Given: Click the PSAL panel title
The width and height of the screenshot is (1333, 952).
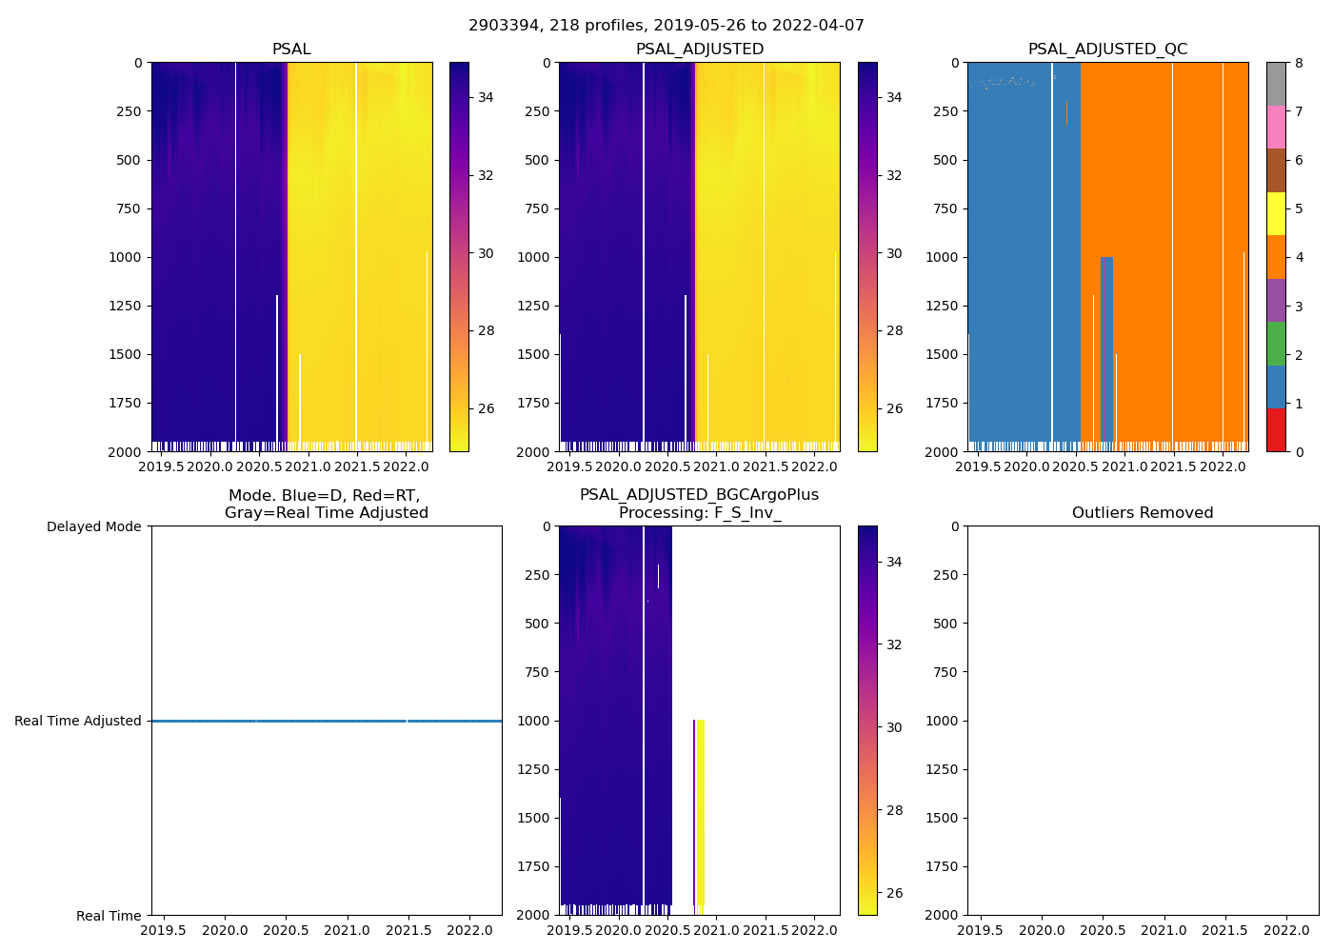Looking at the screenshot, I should [x=291, y=50].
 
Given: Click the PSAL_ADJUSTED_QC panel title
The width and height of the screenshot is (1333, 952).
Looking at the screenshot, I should [x=1107, y=50].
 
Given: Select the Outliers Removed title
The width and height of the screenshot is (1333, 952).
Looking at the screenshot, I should [x=1143, y=513].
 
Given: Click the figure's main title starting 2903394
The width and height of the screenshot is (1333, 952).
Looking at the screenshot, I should [x=666, y=26].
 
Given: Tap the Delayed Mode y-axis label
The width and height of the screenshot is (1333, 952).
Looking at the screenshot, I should [x=93, y=526].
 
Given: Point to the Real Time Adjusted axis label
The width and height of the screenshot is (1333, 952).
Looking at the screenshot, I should [x=78, y=721].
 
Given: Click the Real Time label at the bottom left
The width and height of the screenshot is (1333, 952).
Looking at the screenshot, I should [x=109, y=916].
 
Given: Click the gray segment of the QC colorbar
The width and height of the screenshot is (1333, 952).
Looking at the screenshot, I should [x=1276, y=84].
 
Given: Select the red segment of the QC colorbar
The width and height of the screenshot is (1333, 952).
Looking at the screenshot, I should [x=1276, y=429].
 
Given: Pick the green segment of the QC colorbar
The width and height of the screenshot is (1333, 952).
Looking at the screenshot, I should [x=1276, y=344].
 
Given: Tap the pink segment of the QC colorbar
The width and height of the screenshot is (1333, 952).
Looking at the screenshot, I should [x=1276, y=128].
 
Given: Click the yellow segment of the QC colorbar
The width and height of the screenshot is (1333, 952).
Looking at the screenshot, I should [x=1276, y=214].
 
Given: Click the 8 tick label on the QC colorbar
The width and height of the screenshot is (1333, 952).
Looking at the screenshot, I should [x=1299, y=64].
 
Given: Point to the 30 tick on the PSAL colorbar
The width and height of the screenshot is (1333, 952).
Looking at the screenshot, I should [x=486, y=253].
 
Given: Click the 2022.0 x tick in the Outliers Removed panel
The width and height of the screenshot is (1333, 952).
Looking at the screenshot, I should [x=1286, y=930].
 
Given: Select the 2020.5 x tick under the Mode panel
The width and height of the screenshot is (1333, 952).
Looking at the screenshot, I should [x=286, y=930].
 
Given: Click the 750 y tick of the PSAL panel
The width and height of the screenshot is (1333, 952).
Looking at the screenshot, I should [x=129, y=208].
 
